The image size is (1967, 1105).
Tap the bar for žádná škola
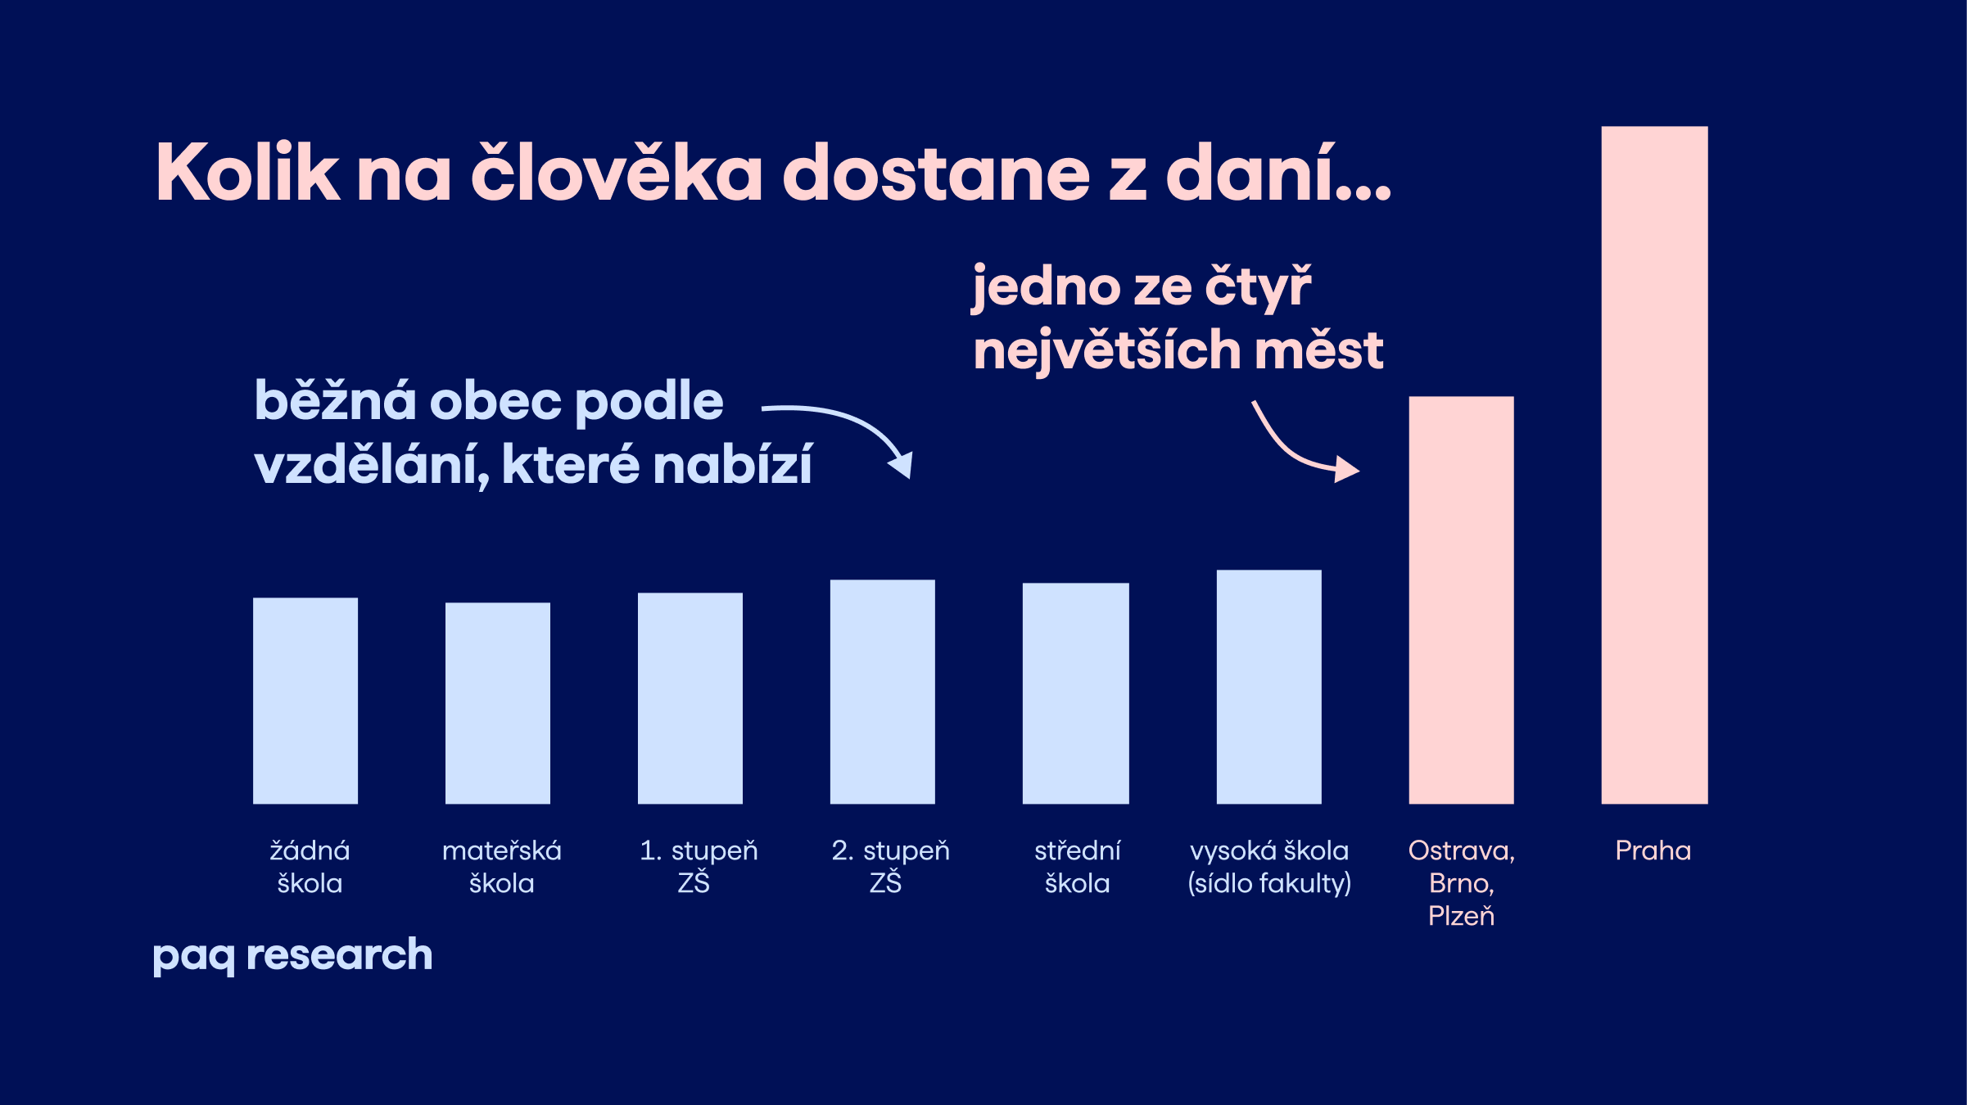pos(305,701)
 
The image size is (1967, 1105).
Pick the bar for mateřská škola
pos(498,703)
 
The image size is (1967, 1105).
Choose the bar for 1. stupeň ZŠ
pos(690,698)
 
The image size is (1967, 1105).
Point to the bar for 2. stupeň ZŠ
pos(883,692)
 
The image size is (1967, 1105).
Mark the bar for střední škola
pos(1076,693)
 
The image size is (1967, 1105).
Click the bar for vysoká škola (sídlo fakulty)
pos(1268,687)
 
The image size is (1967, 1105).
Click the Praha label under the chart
pos(1653,850)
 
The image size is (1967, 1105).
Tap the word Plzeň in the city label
pos(1461,916)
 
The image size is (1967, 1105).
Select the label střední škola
pos(1077,867)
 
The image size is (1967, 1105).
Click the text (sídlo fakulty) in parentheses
pos(1268,883)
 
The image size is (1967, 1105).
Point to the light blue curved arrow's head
pos(903,466)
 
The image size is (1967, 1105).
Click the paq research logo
pos(292,955)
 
